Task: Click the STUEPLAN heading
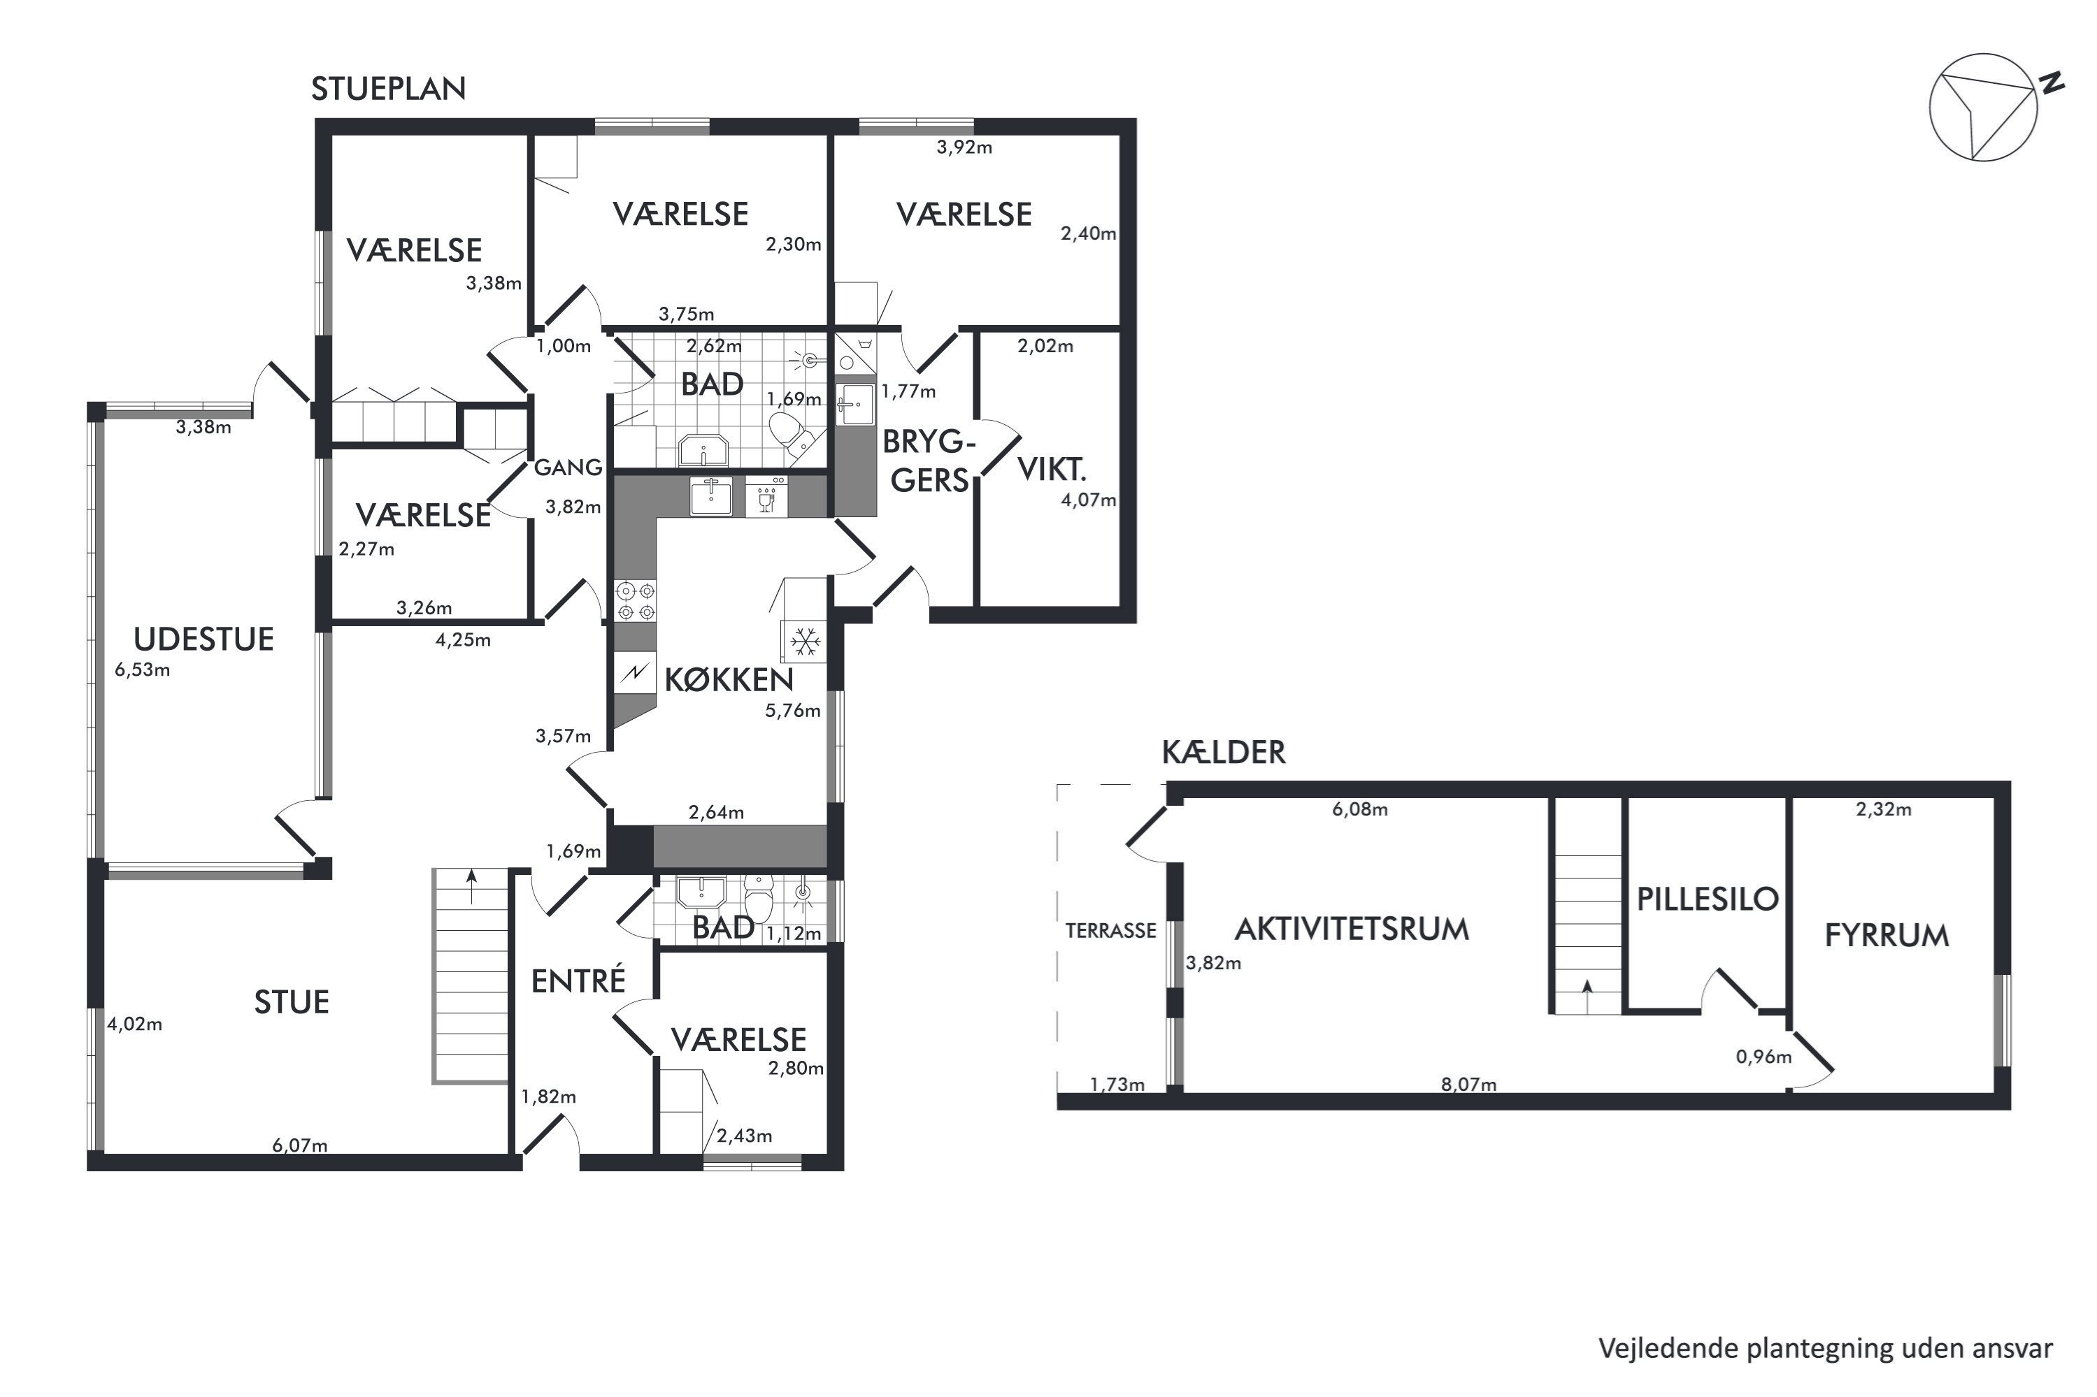click(x=389, y=89)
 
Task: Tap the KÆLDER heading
click(x=1224, y=752)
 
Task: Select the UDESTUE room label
click(x=203, y=639)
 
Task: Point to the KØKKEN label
click(x=729, y=680)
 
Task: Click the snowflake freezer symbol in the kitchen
click(x=805, y=642)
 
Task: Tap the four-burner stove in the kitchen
click(x=634, y=600)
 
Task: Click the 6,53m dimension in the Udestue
click(x=142, y=670)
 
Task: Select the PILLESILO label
click(x=1708, y=899)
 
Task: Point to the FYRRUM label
click(x=1887, y=936)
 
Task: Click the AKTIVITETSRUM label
click(x=1351, y=929)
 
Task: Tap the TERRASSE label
click(x=1110, y=931)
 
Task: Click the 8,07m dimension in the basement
click(x=1468, y=1085)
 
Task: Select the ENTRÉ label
click(x=578, y=981)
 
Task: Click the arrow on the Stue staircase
click(x=471, y=888)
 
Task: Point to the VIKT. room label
click(x=1052, y=470)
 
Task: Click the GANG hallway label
click(x=568, y=467)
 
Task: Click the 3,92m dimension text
click(x=964, y=147)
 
